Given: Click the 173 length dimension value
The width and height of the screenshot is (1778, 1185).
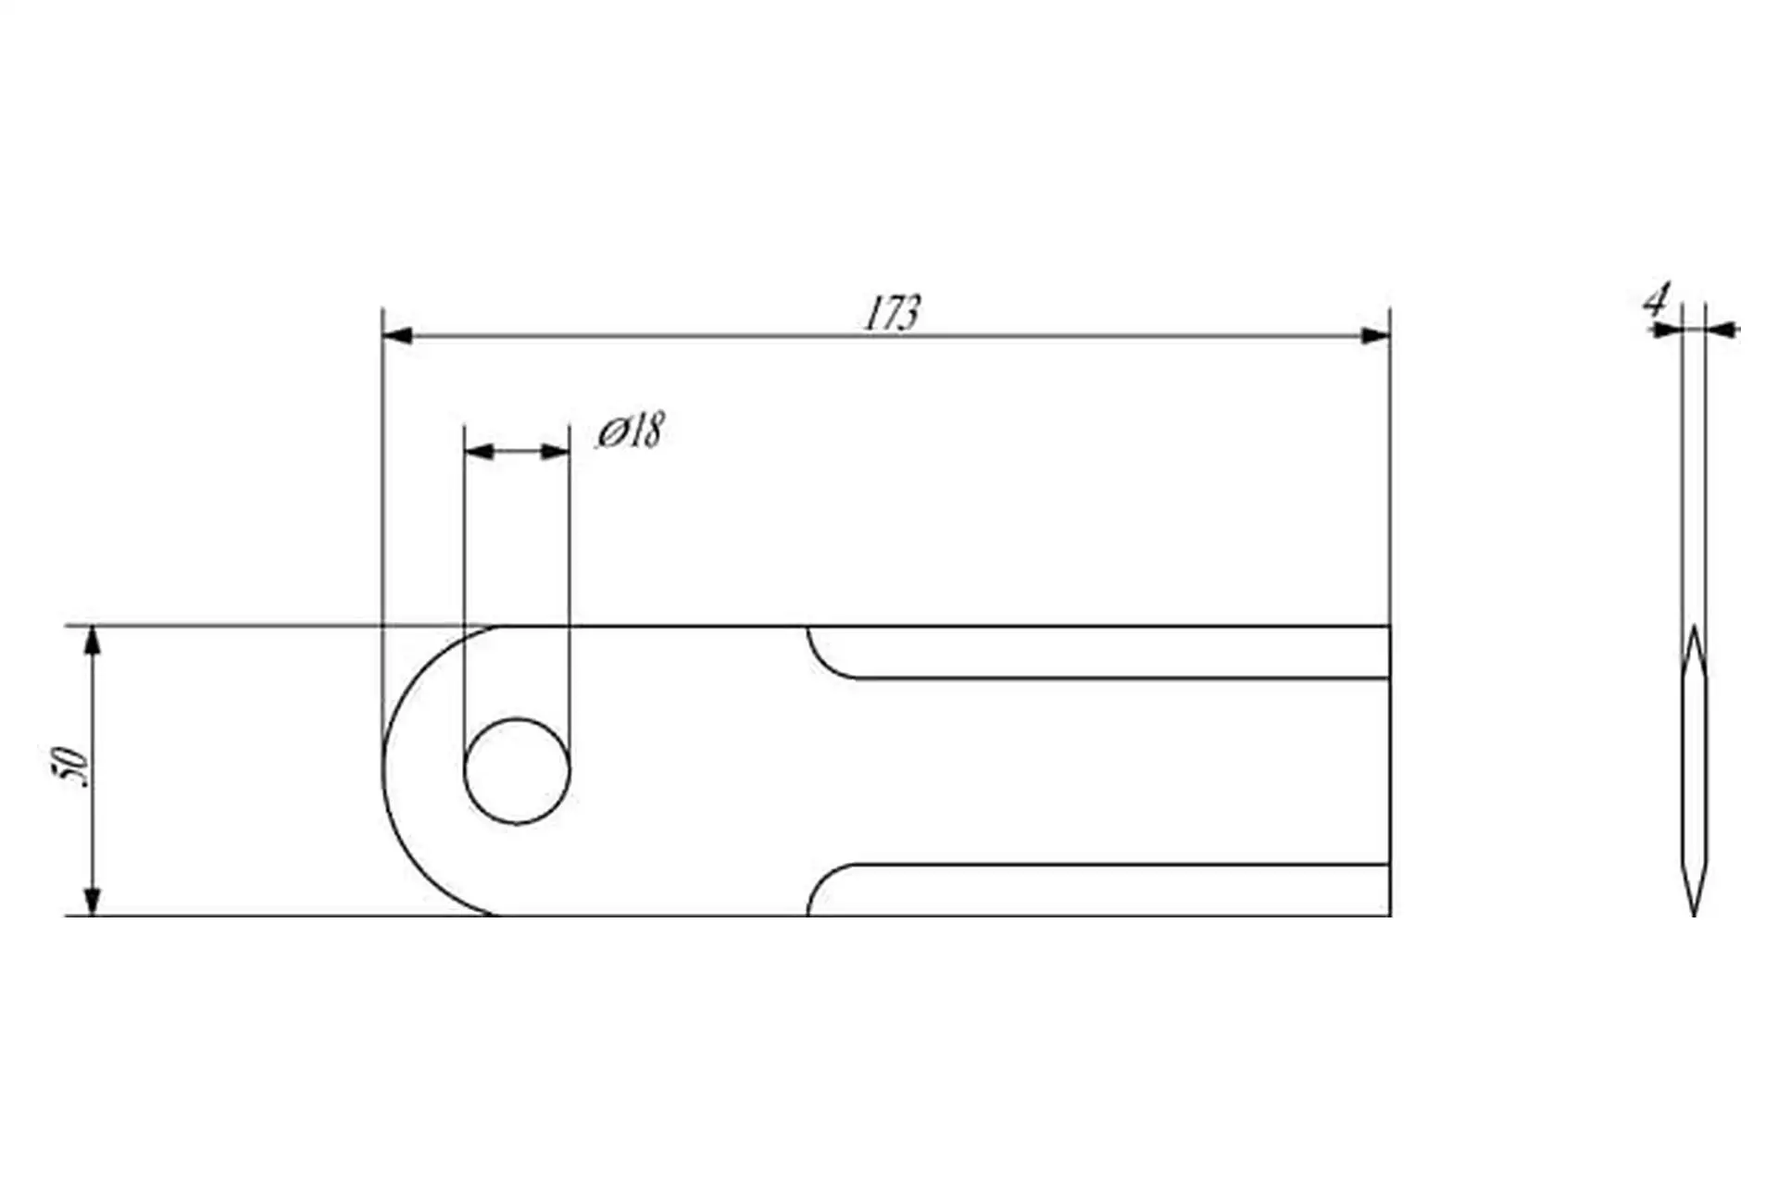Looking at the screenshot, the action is point(892,314).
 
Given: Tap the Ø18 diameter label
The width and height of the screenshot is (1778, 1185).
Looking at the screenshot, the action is point(630,430).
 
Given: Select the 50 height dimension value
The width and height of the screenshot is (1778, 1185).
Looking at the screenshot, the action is point(71,767).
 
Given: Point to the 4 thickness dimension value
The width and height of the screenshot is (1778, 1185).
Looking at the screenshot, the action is point(1656,301).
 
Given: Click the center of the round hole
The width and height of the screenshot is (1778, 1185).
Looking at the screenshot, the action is point(517,771).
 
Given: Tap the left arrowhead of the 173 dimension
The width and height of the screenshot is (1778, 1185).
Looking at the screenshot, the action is point(397,335).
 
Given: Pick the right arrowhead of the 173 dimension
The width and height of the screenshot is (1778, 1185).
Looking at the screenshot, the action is point(1375,335).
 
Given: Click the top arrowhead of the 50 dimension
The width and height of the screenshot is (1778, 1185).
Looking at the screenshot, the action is point(92,641).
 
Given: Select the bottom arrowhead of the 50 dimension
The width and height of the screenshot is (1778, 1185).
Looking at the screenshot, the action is point(92,901).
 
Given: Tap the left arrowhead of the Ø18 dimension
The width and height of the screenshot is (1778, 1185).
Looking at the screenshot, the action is point(479,452).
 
